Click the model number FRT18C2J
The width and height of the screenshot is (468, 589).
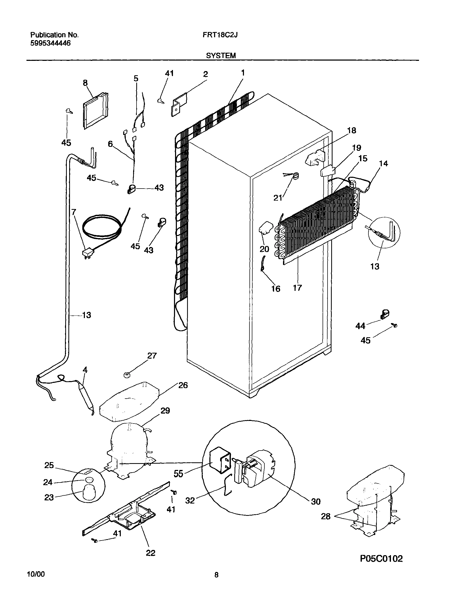click(220, 35)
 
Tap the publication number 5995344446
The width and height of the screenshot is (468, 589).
click(50, 43)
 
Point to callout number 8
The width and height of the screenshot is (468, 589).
click(85, 83)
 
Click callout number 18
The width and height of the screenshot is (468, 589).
click(352, 131)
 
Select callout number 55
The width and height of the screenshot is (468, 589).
click(178, 473)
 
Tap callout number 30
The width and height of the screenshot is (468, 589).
click(316, 501)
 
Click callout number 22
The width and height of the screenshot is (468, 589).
click(150, 553)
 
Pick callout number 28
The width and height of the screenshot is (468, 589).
click(325, 516)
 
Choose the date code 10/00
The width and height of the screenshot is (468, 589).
click(36, 574)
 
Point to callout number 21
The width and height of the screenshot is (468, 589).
click(278, 197)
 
